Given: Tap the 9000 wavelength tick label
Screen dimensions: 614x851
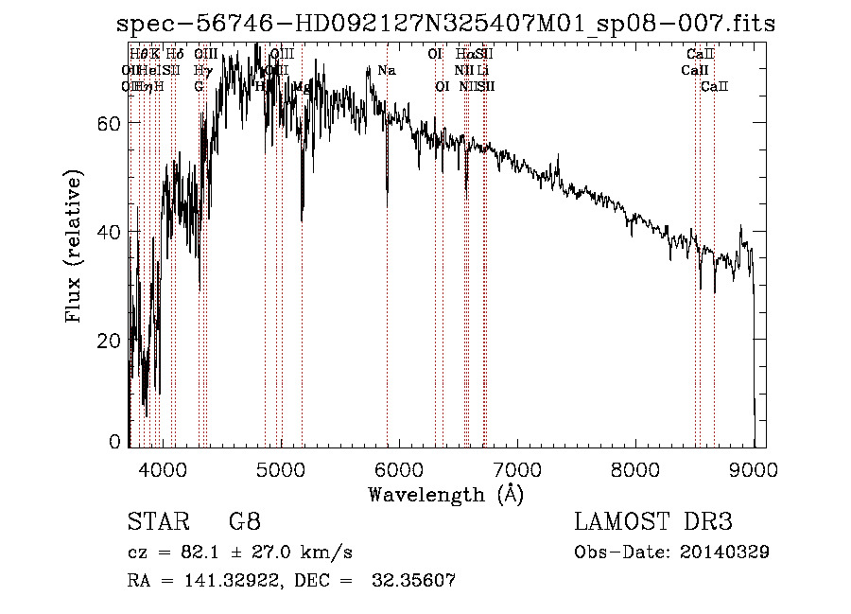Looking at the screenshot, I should pos(754,467).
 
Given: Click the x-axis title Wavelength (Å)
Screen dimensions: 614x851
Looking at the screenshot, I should pos(445,494).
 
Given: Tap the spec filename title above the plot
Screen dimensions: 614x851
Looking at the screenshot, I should pos(445,25).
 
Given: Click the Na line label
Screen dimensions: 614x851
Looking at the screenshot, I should pos(386,71).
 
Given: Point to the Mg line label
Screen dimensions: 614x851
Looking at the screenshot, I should pos(302,86).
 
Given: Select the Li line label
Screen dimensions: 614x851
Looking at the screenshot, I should pos(482,71).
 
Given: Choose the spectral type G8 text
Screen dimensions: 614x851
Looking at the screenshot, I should pos(244,522).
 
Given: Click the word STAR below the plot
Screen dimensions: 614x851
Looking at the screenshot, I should pos(157,522).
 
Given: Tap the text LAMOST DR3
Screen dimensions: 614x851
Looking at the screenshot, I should pos(653,522).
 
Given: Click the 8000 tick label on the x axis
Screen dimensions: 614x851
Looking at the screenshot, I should pos(635,467).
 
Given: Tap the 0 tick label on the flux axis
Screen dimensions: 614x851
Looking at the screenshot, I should pos(115,441).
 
